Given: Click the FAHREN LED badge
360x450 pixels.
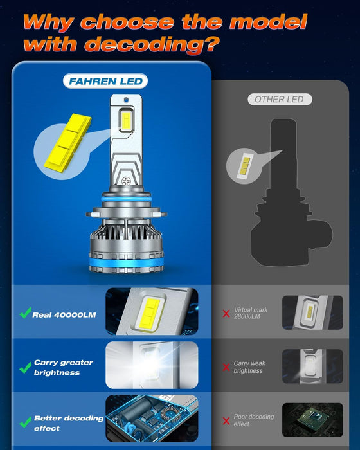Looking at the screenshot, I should pyautogui.click(x=105, y=82).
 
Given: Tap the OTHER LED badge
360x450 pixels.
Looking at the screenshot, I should pyautogui.click(x=279, y=99).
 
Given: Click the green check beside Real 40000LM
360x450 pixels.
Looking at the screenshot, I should pyautogui.click(x=25, y=314).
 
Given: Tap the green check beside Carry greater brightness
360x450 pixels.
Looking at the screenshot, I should pyautogui.click(x=25, y=368).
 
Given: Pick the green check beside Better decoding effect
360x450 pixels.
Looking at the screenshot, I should pyautogui.click(x=25, y=422).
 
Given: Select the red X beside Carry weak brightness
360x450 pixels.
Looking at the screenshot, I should pyautogui.click(x=226, y=367).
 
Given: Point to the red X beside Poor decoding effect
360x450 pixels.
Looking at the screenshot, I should pyautogui.click(x=226, y=421).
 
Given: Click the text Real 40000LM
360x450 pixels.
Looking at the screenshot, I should pyautogui.click(x=64, y=314).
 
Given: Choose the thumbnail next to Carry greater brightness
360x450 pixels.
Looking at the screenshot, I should pyautogui.click(x=152, y=365).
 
